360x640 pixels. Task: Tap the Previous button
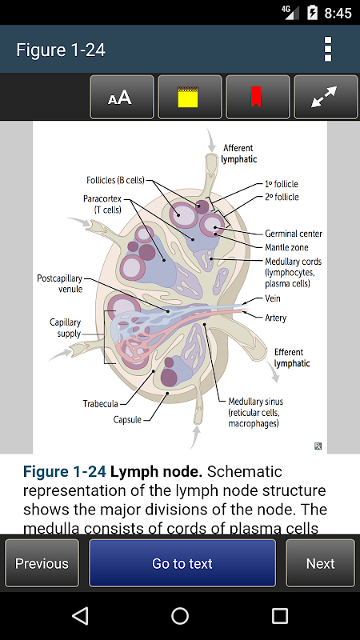[42, 563]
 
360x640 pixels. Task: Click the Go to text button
[182, 563]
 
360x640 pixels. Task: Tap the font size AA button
[122, 97]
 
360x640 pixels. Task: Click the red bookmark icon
[256, 97]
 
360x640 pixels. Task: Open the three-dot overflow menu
[328, 49]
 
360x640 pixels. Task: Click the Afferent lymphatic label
[238, 154]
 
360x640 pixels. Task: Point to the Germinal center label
[294, 234]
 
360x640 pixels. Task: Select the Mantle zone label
[286, 247]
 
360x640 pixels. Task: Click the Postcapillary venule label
[59, 284]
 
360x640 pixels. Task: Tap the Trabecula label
[101, 404]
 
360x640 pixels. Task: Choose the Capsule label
[127, 419]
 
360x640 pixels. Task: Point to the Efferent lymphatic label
[292, 358]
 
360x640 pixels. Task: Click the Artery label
[275, 318]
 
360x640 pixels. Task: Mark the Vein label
[273, 298]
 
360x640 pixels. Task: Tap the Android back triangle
[80, 615]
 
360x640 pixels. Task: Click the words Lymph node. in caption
[157, 472]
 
